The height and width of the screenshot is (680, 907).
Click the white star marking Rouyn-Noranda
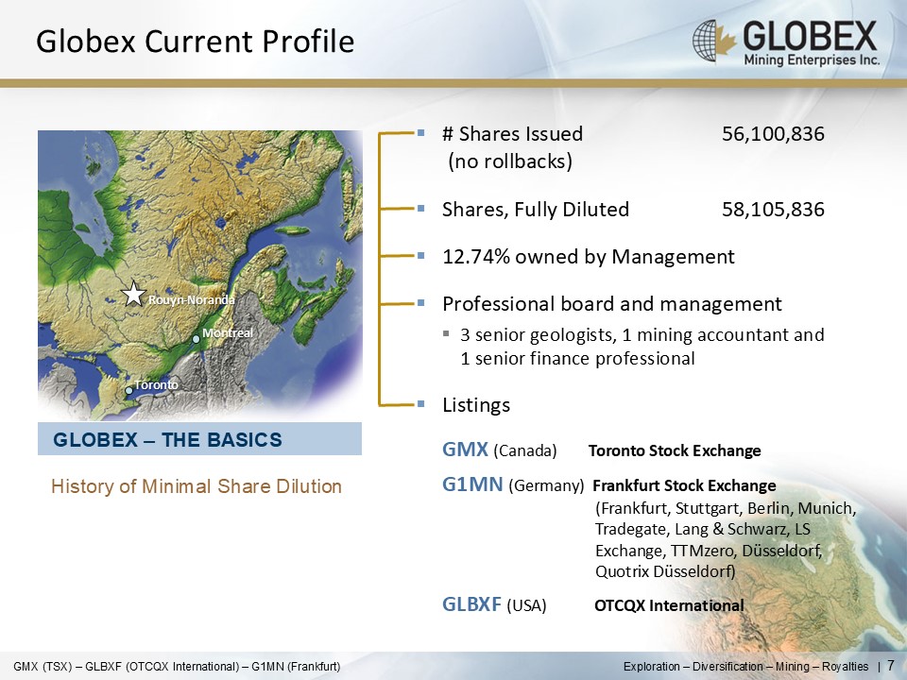click(x=133, y=294)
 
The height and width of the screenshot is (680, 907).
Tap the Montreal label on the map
click(x=228, y=333)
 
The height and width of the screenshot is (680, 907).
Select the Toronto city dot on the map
click(x=129, y=391)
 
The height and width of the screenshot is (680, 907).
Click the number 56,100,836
click(x=773, y=133)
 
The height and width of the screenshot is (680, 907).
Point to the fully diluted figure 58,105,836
click(x=773, y=210)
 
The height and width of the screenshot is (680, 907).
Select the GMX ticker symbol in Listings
click(x=465, y=450)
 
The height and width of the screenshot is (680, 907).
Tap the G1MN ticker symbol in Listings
click(x=472, y=484)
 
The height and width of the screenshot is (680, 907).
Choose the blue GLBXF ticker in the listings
click(x=471, y=604)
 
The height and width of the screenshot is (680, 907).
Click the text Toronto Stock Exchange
click(x=675, y=451)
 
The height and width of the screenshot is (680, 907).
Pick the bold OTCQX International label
click(x=669, y=605)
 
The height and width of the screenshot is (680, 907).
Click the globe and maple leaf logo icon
click(x=714, y=41)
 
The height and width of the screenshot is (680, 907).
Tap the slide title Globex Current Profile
click(x=195, y=42)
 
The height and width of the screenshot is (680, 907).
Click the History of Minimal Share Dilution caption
click(x=197, y=486)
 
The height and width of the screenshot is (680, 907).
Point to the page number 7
click(x=891, y=665)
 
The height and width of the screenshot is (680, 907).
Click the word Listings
click(x=476, y=405)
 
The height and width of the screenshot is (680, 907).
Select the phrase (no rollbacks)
click(x=510, y=161)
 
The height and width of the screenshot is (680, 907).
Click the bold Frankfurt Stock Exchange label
click(x=684, y=485)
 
